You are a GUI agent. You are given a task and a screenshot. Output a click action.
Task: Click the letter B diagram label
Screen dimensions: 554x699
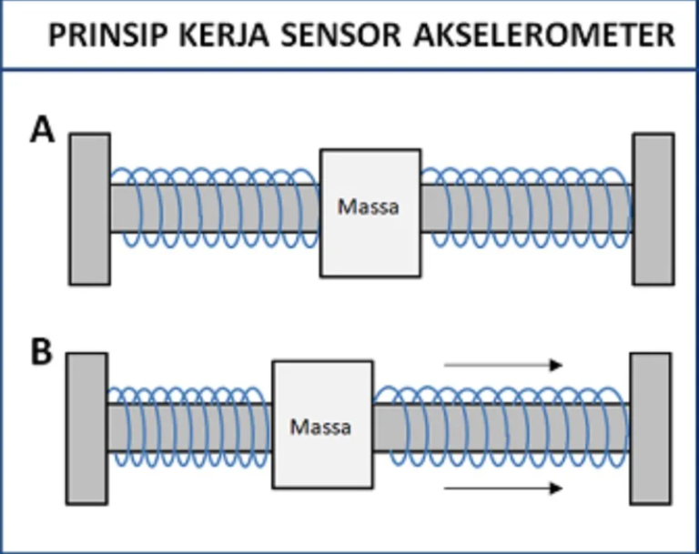pyautogui.click(x=42, y=352)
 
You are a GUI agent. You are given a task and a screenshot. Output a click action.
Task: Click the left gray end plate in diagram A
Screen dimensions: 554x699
pyautogui.click(x=89, y=208)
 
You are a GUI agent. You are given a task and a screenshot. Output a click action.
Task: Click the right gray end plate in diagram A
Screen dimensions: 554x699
pyautogui.click(x=653, y=208)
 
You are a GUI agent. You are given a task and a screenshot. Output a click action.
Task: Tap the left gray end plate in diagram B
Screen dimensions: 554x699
pyautogui.click(x=87, y=428)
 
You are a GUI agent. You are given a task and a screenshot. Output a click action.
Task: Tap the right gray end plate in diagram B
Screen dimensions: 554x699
pyautogui.click(x=651, y=428)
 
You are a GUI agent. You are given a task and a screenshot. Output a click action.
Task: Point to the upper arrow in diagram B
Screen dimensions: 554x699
pyautogui.click(x=502, y=365)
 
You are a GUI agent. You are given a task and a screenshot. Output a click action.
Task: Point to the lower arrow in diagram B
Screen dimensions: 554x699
pyautogui.click(x=502, y=489)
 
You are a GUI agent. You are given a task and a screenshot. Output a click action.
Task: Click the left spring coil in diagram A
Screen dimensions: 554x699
pyautogui.click(x=215, y=208)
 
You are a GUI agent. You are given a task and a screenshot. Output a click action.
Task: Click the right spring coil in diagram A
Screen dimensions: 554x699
pyautogui.click(x=525, y=208)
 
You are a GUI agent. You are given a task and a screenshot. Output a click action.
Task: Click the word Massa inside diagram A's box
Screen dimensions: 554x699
pyautogui.click(x=369, y=206)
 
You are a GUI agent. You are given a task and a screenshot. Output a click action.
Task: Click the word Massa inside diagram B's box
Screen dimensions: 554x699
pyautogui.click(x=320, y=426)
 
